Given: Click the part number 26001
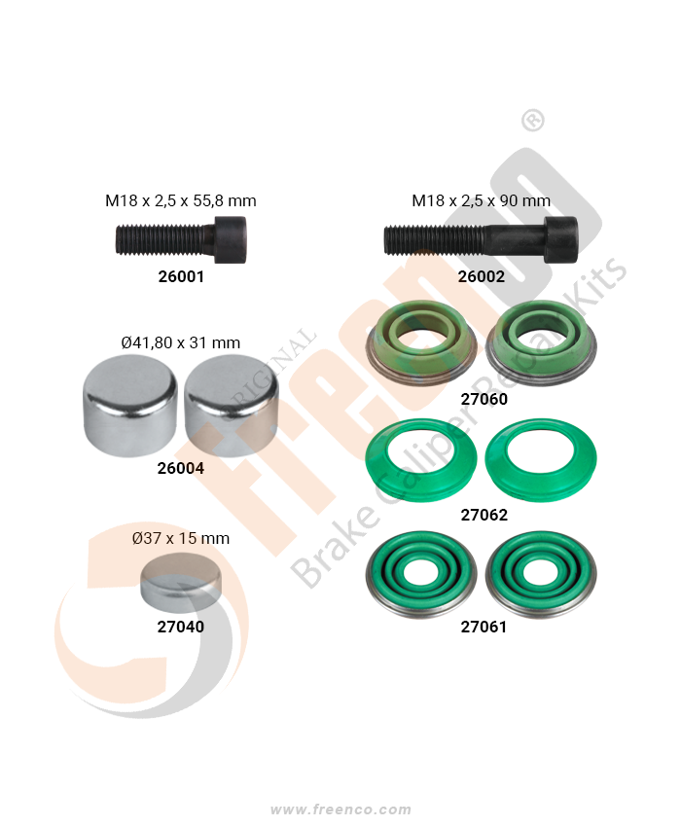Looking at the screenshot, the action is [181, 276].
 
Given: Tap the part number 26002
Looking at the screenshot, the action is [482, 276].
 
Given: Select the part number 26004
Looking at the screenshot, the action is [180, 468].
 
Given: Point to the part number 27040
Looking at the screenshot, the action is [180, 627].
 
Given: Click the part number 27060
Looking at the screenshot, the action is [484, 399].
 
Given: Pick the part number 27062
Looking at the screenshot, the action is [484, 515].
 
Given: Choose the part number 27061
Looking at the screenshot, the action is [484, 627].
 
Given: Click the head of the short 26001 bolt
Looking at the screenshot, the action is [231, 240].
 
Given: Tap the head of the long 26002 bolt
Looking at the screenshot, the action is [561, 240].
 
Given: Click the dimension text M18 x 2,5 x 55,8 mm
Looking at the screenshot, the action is [180, 201].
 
